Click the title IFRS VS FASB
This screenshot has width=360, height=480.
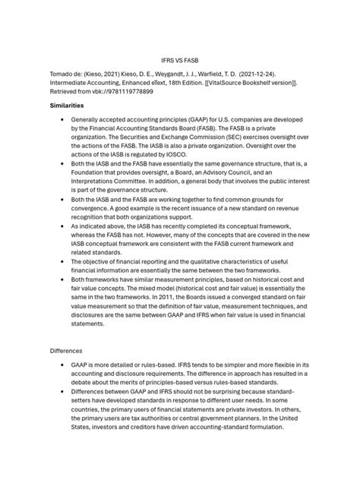pyautogui.click(x=179, y=58)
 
